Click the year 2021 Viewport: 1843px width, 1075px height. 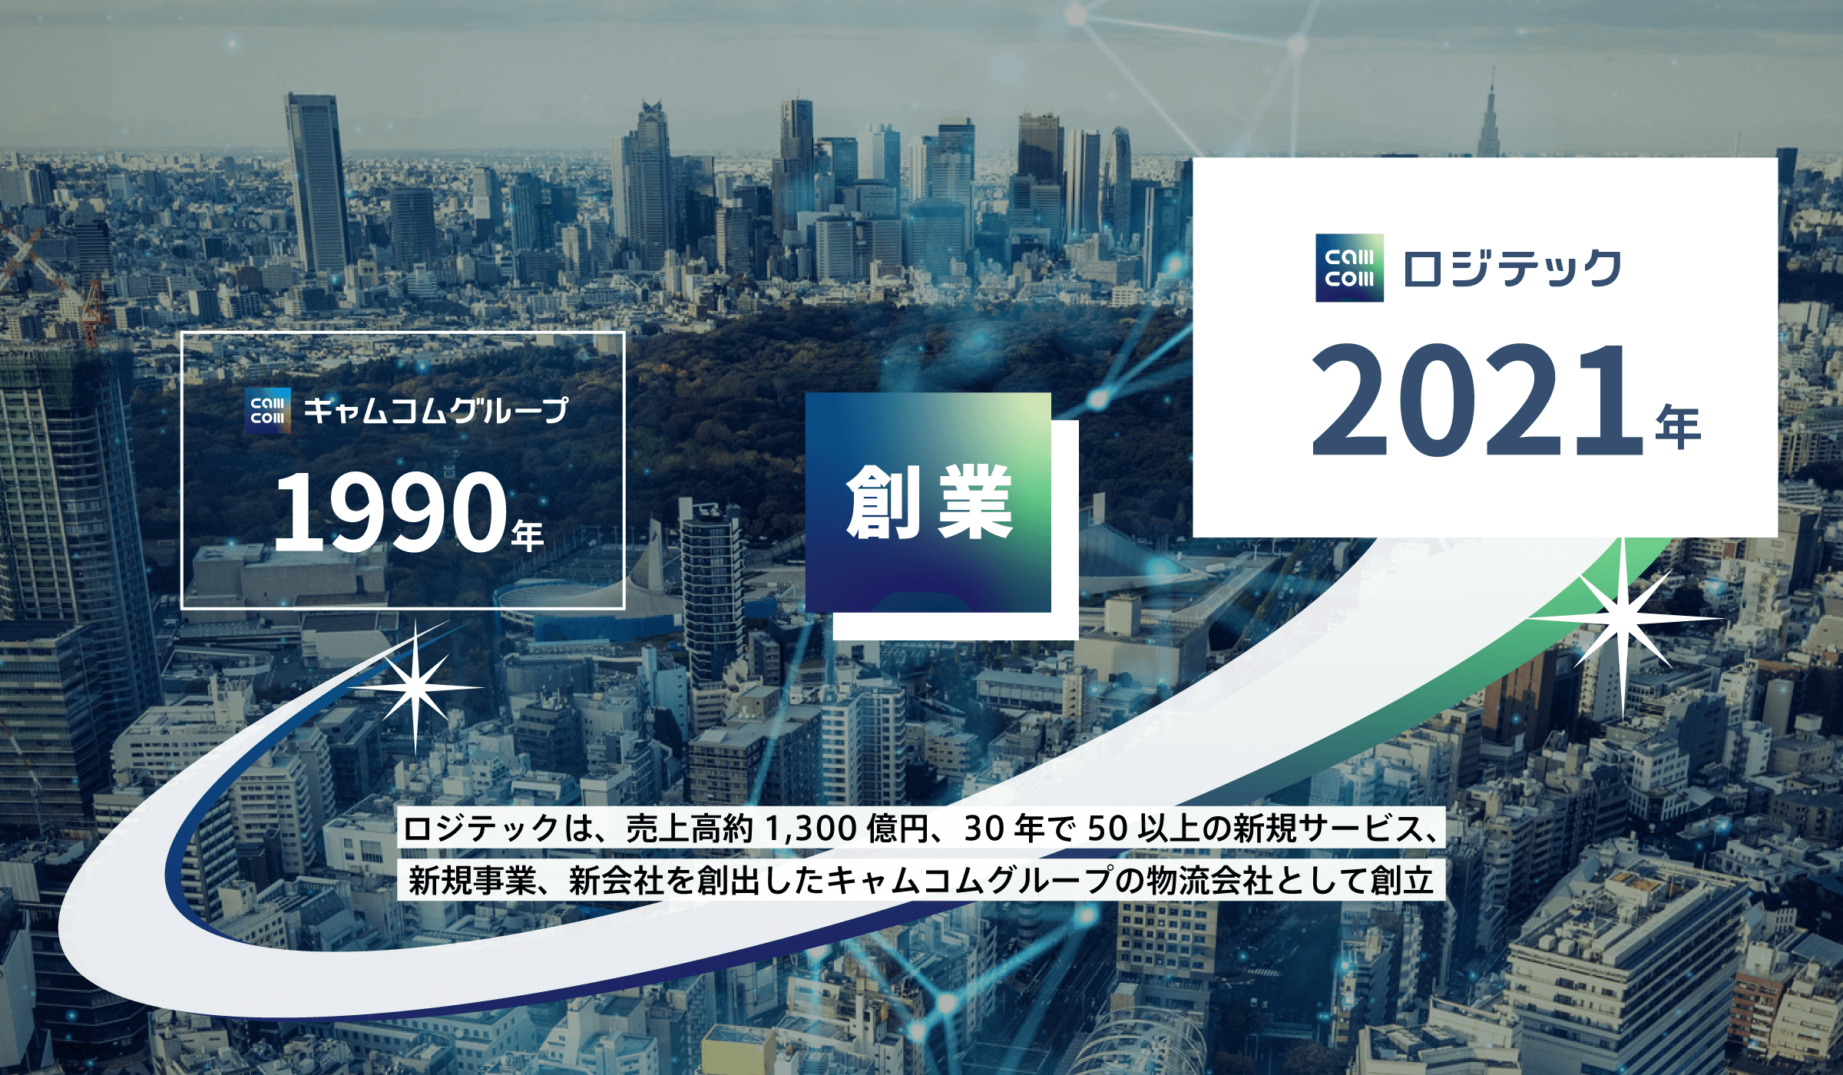click(1476, 400)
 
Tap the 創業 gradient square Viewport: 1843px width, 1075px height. click(928, 503)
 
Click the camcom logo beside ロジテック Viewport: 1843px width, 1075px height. click(1349, 268)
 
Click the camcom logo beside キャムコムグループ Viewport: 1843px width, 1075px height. click(267, 412)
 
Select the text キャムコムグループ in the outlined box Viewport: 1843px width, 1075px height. click(436, 412)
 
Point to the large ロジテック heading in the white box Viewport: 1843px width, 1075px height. click(1512, 269)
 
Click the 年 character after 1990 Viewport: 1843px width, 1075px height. click(528, 535)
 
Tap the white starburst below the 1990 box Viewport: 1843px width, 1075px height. click(415, 687)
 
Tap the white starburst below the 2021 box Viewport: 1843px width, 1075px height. click(1622, 618)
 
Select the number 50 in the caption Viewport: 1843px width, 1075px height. click(1108, 829)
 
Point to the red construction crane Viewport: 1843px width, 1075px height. click(54, 284)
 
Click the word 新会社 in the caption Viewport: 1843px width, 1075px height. click(616, 881)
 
